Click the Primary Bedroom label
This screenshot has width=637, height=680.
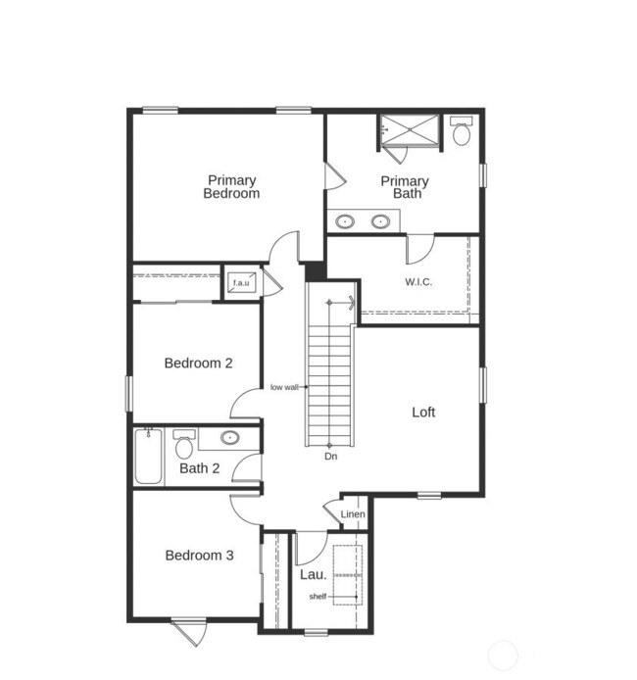[231, 186]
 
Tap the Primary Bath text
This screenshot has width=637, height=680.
[405, 187]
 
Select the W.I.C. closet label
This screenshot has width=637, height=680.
[418, 282]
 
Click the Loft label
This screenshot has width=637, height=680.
[423, 413]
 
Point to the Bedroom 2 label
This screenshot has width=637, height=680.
[198, 364]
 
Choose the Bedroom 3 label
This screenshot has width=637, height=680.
[199, 556]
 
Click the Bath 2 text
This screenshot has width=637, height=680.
[199, 468]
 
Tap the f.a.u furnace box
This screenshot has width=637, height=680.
[241, 284]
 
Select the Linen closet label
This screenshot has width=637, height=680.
[353, 514]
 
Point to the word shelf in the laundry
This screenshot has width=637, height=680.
[318, 597]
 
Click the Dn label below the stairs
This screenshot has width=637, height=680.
[331, 457]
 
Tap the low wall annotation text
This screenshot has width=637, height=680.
[284, 388]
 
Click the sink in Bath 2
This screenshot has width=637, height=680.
[230, 438]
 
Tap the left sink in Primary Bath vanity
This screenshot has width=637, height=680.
[345, 221]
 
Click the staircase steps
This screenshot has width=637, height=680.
[329, 372]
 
